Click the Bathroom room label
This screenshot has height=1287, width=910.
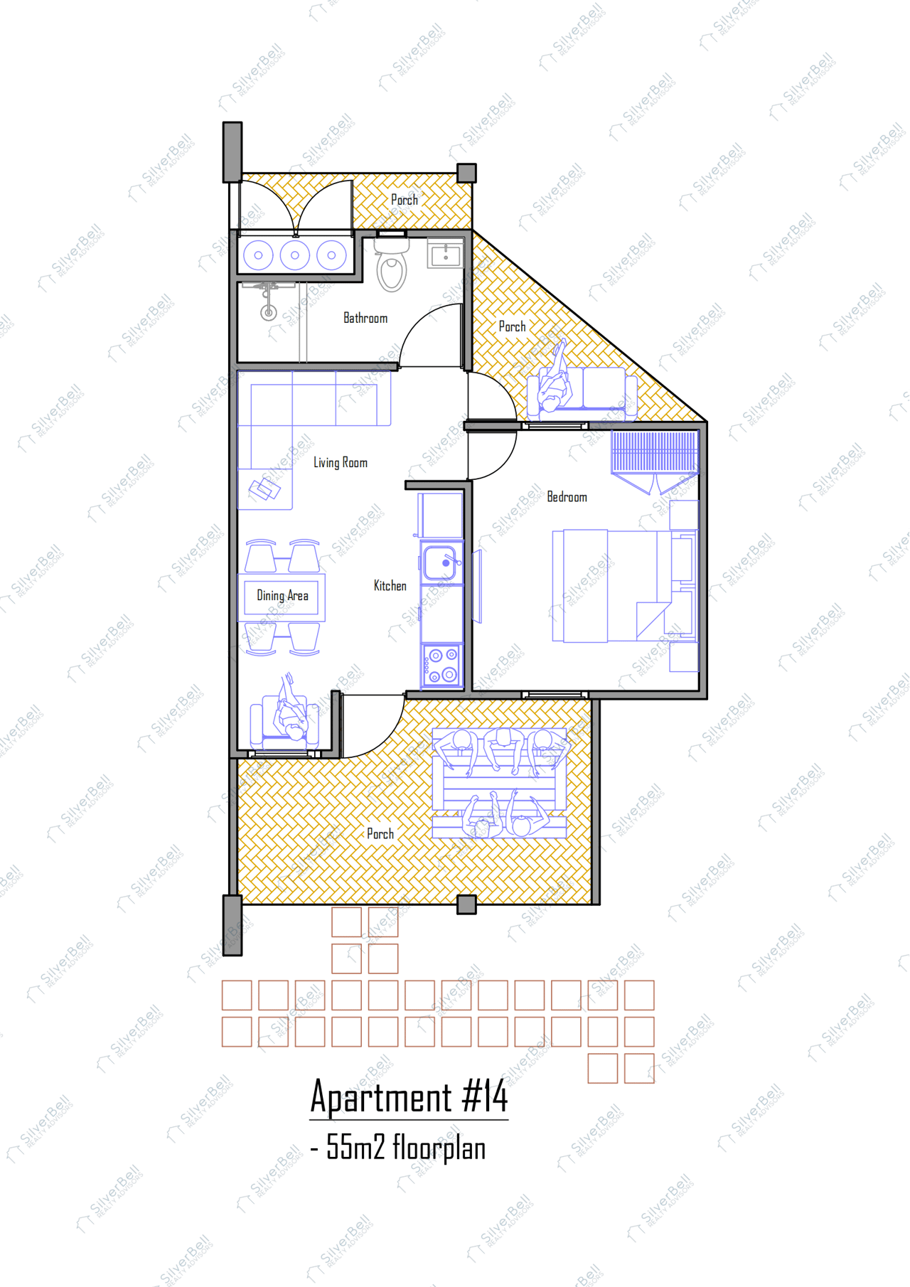coord(365,318)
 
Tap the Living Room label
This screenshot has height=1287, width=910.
coord(341,463)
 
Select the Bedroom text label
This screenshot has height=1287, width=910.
coord(567,497)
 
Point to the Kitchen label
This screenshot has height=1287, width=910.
coord(390,586)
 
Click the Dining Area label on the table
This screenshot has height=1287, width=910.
coord(282,596)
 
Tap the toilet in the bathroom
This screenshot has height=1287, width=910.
coord(392,270)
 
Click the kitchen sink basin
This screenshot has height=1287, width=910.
coord(439,563)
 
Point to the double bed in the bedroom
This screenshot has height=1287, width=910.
coord(611,585)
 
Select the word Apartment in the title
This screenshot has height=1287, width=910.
coord(381,1096)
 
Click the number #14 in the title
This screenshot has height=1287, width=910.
coord(485,1096)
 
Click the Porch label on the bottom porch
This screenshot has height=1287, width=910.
coord(380,834)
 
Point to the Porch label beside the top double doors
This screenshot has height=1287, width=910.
coord(405,201)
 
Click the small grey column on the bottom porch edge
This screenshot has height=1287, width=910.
coord(466,904)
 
